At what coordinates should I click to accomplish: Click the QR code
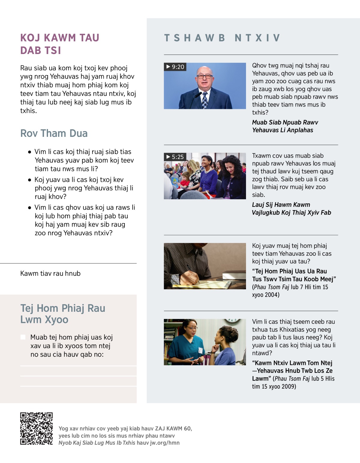(36, 428)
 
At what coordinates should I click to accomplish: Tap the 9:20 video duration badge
(175, 67)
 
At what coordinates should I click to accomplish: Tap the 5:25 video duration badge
(175, 157)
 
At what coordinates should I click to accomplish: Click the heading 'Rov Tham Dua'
(54, 133)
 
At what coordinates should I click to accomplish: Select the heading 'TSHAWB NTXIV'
(222, 38)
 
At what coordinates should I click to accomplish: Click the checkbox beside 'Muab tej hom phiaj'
(23, 337)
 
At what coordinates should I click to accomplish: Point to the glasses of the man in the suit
(205, 77)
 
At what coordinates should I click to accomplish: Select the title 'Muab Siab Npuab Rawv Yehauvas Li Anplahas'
(285, 126)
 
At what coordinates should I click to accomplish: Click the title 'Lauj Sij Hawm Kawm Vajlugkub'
(291, 209)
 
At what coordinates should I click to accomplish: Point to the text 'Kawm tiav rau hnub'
(50, 273)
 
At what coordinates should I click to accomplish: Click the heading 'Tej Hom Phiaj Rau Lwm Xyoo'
(63, 314)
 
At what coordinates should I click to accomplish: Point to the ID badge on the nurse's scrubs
(200, 350)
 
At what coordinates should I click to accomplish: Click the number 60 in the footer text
(187, 428)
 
